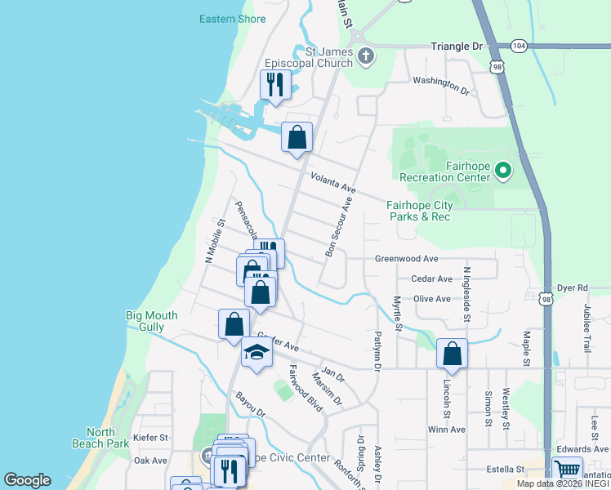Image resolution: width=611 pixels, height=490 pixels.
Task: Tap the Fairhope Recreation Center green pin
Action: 502,171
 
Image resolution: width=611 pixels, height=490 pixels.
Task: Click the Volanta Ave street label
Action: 332,181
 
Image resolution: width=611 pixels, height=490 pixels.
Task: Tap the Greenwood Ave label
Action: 406,259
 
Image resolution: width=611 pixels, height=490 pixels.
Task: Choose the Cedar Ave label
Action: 431,279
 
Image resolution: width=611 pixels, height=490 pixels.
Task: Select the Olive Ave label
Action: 432,299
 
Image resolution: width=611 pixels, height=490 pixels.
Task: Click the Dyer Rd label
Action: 572,288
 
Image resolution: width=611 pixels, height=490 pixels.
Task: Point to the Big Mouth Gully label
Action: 157,321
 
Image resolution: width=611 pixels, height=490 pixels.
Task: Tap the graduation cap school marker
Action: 256,353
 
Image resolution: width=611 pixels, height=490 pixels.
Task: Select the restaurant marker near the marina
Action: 274,83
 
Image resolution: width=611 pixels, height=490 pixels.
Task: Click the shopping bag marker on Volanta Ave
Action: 297,136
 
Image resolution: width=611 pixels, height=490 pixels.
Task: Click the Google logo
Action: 27,480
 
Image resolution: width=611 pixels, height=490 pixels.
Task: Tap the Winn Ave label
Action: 446,430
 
